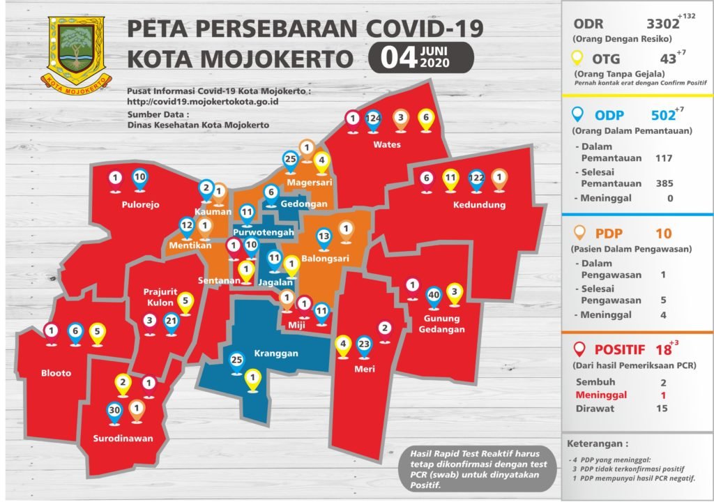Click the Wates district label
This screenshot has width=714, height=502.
pyautogui.click(x=387, y=145)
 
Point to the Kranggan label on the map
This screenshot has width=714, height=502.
pyautogui.click(x=276, y=353)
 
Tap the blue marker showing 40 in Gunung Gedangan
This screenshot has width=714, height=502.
pyautogui.click(x=433, y=296)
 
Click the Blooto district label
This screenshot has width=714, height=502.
pyautogui.click(x=56, y=373)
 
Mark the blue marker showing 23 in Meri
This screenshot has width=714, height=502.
pyautogui.click(x=363, y=344)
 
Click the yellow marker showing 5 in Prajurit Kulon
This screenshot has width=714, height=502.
pyautogui.click(x=185, y=303)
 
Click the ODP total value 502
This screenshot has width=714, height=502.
pyautogui.click(x=662, y=115)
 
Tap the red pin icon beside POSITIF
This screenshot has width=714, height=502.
pyautogui.click(x=577, y=349)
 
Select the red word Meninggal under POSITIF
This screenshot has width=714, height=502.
pyautogui.click(x=601, y=395)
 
